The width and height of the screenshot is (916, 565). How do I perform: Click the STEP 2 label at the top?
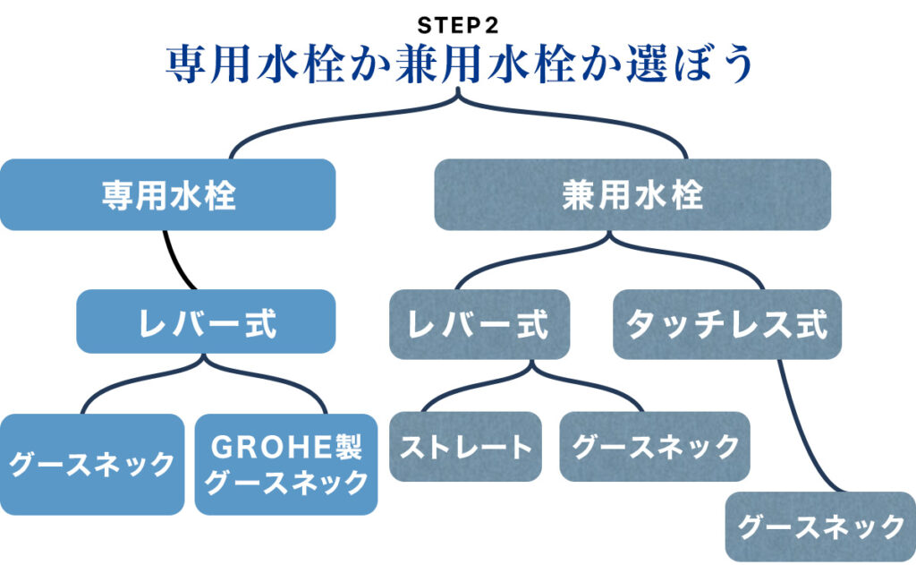(x=457, y=24)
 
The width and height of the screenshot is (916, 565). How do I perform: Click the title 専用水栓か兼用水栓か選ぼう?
(x=458, y=64)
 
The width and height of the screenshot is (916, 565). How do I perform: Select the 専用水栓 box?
(x=168, y=194)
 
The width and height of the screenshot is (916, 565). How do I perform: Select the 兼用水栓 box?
(x=632, y=194)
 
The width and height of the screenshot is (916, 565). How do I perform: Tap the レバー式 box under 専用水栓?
(x=206, y=321)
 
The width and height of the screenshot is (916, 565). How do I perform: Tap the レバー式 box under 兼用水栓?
(x=479, y=323)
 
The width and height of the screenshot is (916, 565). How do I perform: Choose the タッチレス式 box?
(x=727, y=323)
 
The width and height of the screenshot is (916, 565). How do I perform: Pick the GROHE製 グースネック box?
(x=285, y=464)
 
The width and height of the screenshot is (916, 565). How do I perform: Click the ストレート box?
(x=465, y=446)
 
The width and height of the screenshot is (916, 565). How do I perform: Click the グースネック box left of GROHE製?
(x=92, y=464)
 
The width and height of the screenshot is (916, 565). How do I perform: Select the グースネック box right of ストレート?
(x=655, y=446)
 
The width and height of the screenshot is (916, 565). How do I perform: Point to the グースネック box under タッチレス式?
(x=820, y=526)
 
